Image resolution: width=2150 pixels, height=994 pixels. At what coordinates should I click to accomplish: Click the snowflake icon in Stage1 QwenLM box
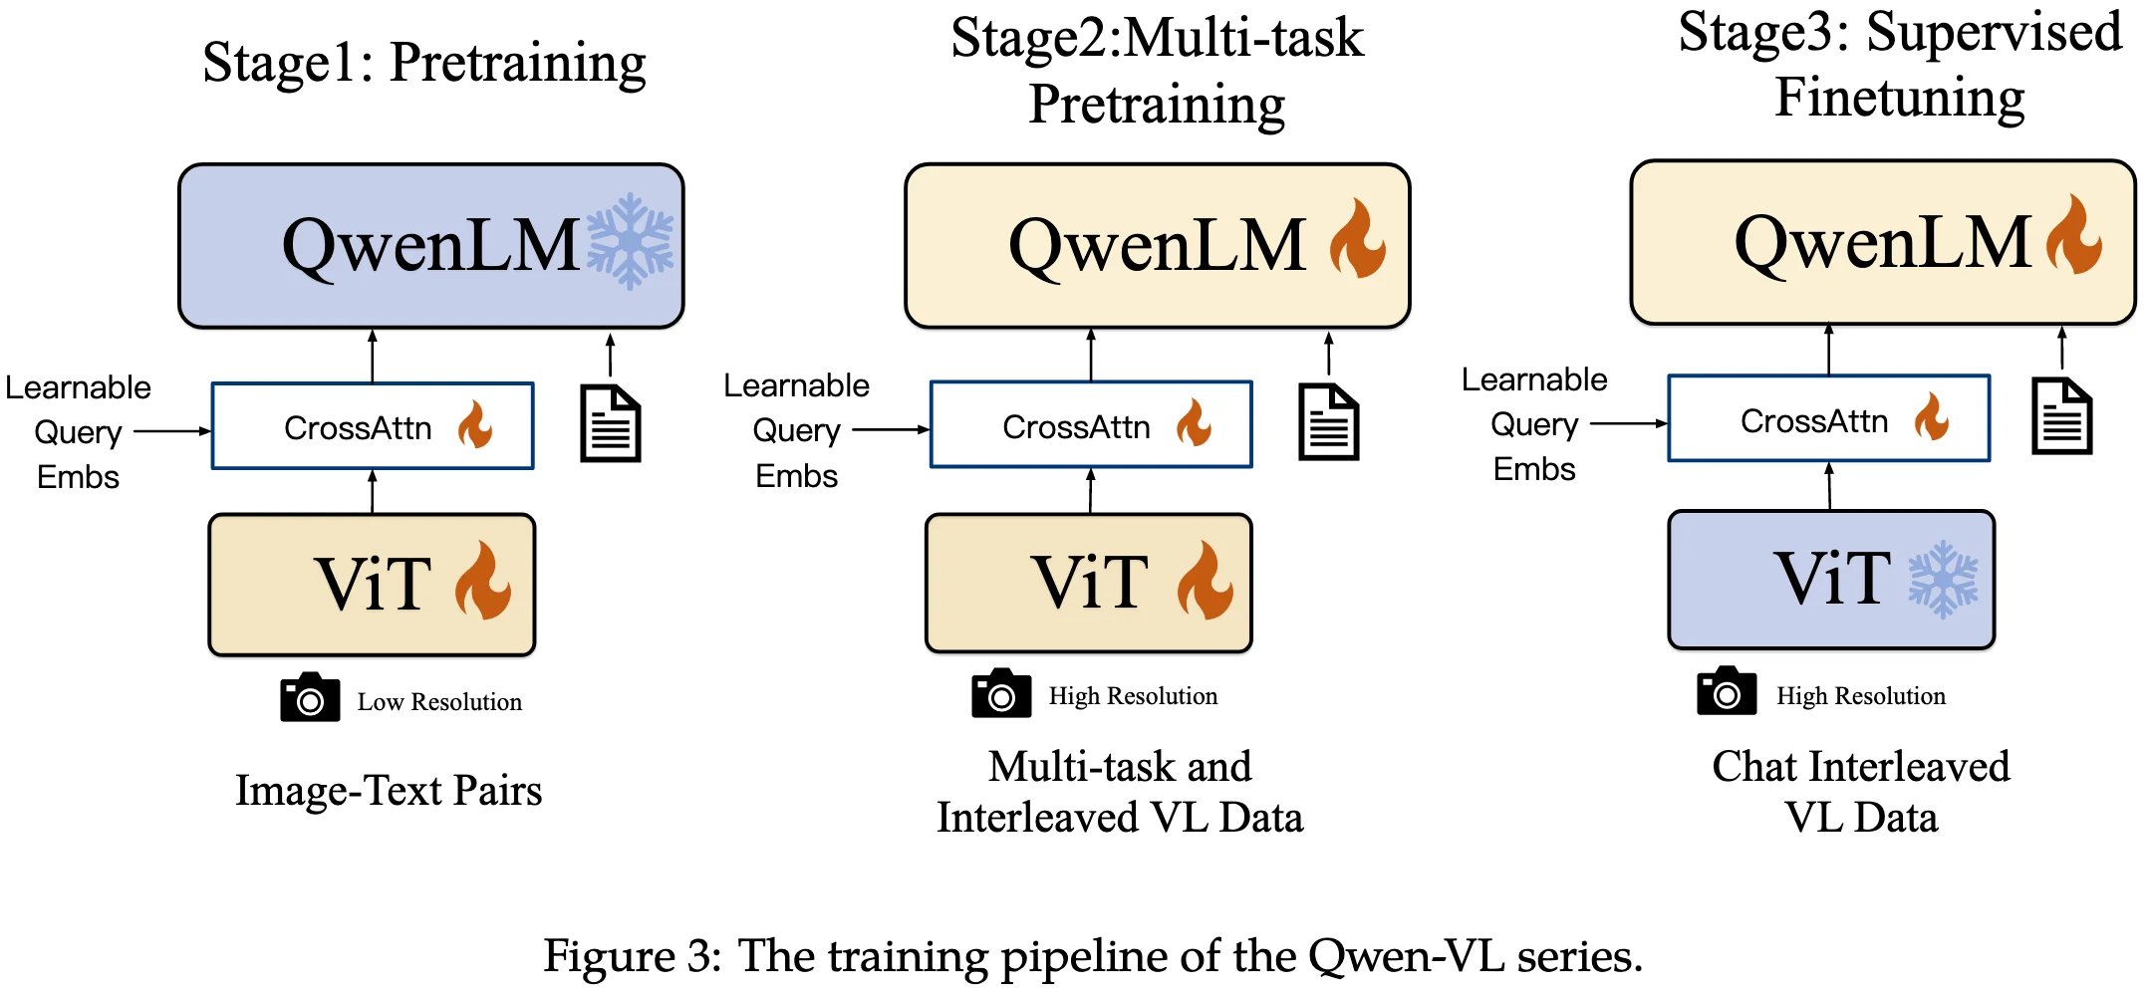tap(630, 242)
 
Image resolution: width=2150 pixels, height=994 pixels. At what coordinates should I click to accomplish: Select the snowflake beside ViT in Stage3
tap(1942, 579)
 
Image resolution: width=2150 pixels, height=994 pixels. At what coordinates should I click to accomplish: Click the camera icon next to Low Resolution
tap(310, 697)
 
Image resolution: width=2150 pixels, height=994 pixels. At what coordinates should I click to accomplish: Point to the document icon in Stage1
tap(610, 423)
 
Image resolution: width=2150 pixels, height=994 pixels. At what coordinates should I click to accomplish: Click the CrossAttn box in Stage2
tap(1091, 425)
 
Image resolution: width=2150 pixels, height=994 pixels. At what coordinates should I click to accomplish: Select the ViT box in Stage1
tap(372, 584)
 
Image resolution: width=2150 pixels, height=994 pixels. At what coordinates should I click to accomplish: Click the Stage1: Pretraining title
tap(424, 63)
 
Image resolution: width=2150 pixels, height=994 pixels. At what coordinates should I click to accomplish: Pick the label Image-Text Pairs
tap(389, 790)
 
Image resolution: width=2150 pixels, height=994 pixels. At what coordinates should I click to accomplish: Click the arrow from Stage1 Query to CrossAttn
tap(172, 431)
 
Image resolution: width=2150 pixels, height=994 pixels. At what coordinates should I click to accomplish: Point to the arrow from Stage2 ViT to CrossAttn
tap(1091, 490)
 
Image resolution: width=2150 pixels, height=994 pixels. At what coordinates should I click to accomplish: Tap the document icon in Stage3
tap(2061, 416)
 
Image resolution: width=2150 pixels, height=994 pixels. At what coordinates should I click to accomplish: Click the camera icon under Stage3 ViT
tap(1726, 691)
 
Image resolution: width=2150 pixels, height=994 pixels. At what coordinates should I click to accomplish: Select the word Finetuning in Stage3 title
tap(1899, 98)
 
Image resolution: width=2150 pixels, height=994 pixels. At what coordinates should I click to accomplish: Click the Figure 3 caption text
tap(1092, 956)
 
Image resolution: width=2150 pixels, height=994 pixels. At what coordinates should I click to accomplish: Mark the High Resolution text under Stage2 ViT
tap(1133, 696)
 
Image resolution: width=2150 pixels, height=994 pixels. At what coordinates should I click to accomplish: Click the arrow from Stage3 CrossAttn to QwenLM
tap(1828, 349)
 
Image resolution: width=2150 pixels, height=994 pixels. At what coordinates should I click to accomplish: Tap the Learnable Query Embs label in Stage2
tap(796, 430)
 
